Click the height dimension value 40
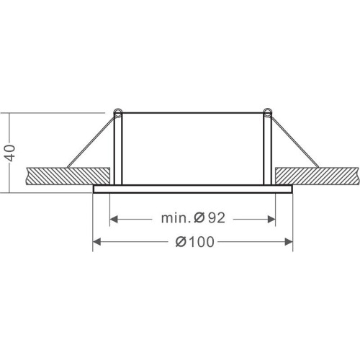[11, 153]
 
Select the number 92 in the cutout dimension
[217, 218]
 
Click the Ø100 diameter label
[194, 242]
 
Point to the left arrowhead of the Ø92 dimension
[114, 219]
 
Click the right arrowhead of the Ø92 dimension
[271, 219]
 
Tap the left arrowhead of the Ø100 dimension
[96, 242]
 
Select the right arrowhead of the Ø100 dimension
[289, 242]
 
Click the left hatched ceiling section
[68, 176]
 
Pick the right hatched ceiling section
[318, 176]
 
